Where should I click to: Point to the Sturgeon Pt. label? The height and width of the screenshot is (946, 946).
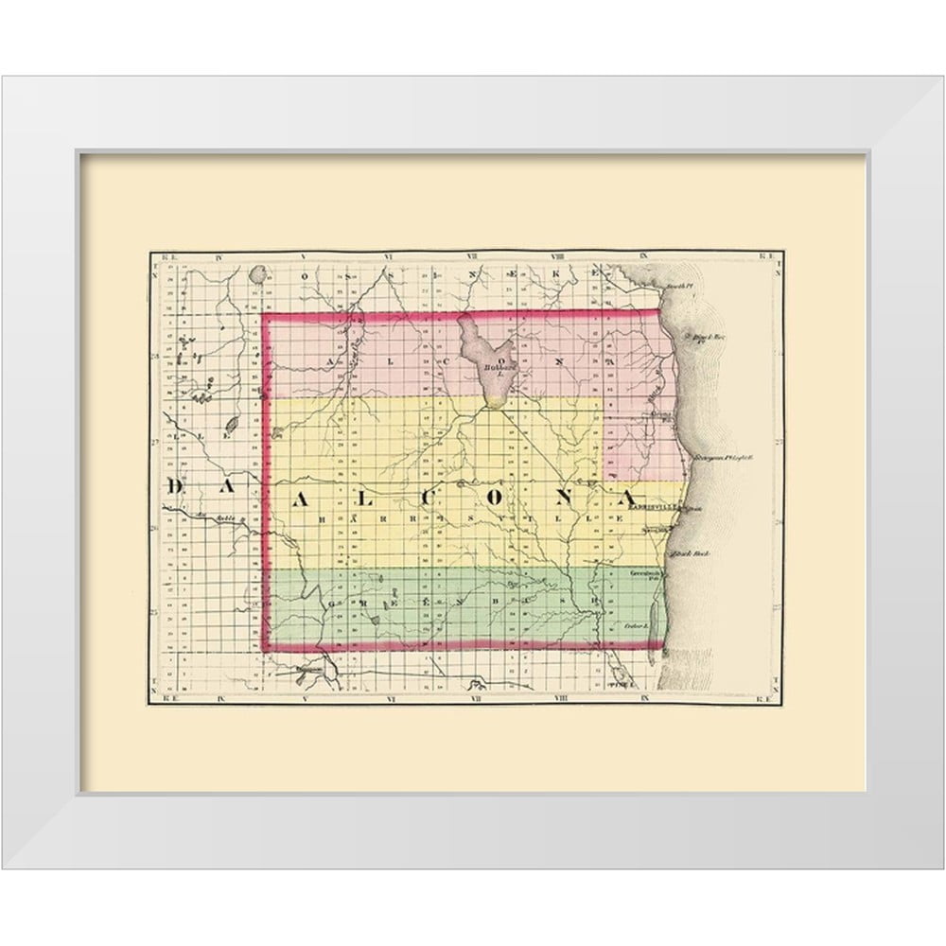click(723, 456)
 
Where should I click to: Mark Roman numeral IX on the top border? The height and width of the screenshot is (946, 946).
click(642, 255)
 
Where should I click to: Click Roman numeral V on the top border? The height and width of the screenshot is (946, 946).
click(300, 255)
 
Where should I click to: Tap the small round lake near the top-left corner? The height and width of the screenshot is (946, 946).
click(256, 277)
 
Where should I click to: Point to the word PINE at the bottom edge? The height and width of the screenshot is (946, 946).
click(622, 683)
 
